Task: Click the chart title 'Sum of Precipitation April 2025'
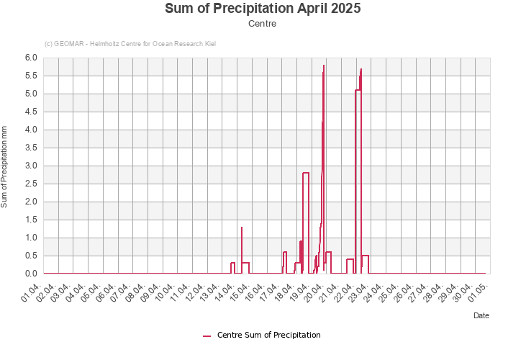pyautogui.click(x=263, y=9)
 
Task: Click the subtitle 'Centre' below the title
pyautogui.click(x=263, y=24)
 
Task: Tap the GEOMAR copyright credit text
pyautogui.click(x=130, y=44)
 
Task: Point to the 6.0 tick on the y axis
pyautogui.click(x=31, y=58)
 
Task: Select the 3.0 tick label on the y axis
pyautogui.click(x=31, y=166)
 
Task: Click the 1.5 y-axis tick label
pyautogui.click(x=31, y=220)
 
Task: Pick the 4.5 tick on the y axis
pyautogui.click(x=31, y=112)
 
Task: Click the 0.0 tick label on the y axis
pyautogui.click(x=31, y=274)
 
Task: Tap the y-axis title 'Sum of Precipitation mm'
pyautogui.click(x=4, y=166)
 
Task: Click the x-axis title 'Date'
pyautogui.click(x=481, y=315)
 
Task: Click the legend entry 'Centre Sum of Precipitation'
pyautogui.click(x=268, y=335)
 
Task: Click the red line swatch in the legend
pyautogui.click(x=207, y=336)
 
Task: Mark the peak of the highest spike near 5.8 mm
pyautogui.click(x=324, y=66)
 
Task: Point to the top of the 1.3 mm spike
pyautogui.click(x=242, y=228)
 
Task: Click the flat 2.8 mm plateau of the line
pyautogui.click(x=306, y=173)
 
